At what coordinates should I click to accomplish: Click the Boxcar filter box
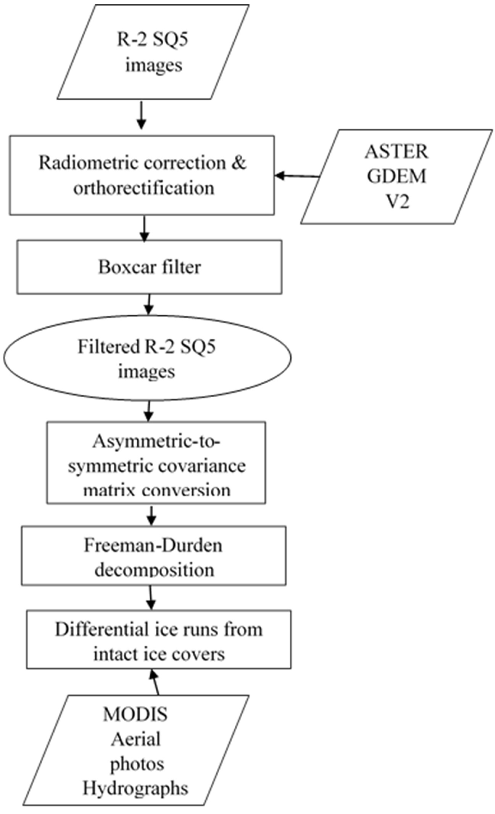149,267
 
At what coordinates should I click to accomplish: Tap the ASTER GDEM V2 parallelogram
397,177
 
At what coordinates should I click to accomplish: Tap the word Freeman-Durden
153,545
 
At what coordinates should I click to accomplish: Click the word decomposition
154,570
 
